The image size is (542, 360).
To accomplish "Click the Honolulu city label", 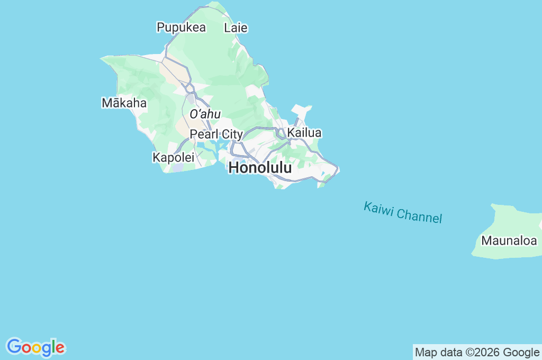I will click(x=260, y=168).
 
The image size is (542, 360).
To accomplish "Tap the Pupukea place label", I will click(x=181, y=28).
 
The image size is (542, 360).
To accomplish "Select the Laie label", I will click(x=236, y=28).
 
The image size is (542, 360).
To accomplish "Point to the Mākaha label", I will click(x=124, y=103).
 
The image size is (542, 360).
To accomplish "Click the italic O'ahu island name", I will click(x=205, y=114).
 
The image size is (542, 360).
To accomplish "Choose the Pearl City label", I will click(x=216, y=134).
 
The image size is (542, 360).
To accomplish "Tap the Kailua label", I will click(x=304, y=133).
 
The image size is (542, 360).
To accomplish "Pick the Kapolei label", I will click(x=173, y=157).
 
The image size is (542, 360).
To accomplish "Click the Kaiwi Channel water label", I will click(x=403, y=212).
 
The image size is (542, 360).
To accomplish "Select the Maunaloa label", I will click(x=509, y=240).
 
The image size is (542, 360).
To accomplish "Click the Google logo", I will click(x=35, y=347).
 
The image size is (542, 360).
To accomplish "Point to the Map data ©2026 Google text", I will click(x=477, y=352).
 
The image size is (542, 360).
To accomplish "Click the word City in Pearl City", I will click(x=232, y=134).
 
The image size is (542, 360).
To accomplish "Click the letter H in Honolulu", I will click(x=233, y=168).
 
